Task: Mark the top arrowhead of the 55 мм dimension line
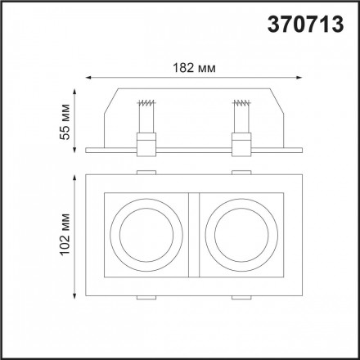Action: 78,89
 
